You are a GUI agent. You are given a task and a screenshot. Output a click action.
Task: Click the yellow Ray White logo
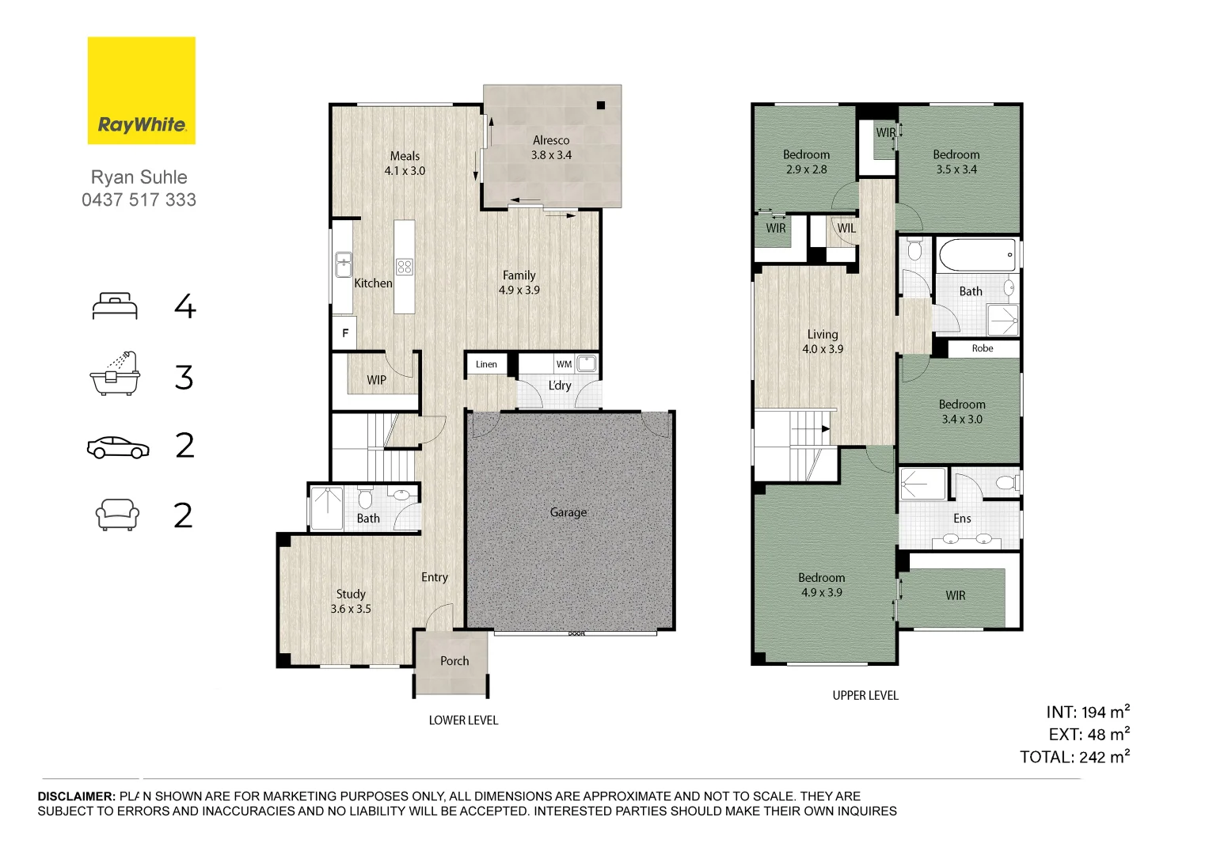click(x=141, y=90)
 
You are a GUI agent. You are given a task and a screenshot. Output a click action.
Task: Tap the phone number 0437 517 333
click(x=139, y=199)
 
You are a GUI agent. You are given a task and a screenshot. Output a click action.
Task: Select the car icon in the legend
click(x=118, y=447)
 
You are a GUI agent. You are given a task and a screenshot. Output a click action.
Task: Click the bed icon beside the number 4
click(x=115, y=306)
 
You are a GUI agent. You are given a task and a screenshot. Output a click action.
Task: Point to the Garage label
click(x=568, y=512)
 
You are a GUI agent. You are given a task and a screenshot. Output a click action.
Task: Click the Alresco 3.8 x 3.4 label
click(x=551, y=148)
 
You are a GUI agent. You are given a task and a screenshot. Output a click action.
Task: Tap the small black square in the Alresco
click(x=601, y=105)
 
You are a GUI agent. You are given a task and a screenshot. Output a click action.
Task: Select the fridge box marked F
click(x=344, y=333)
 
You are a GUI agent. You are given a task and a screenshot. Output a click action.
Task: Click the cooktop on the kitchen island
click(x=405, y=267)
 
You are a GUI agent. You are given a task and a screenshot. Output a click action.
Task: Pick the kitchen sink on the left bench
click(x=343, y=264)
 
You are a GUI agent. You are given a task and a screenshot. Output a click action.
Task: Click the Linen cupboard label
click(x=486, y=364)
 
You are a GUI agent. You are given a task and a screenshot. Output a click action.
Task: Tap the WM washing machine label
click(x=564, y=364)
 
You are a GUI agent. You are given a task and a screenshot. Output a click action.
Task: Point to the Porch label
click(x=454, y=661)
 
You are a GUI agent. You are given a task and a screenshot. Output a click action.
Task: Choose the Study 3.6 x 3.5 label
click(x=351, y=602)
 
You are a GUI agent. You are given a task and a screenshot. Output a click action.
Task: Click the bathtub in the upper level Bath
click(x=976, y=255)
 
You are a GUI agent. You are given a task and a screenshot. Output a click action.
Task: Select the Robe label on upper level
click(x=983, y=348)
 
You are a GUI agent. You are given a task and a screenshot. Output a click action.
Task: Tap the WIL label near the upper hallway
click(x=846, y=228)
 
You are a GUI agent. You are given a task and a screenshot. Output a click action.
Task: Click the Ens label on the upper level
click(x=962, y=519)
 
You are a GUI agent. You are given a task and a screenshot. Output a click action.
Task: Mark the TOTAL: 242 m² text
click(x=1074, y=757)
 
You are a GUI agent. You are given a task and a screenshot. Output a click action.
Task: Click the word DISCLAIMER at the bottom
click(x=77, y=796)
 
